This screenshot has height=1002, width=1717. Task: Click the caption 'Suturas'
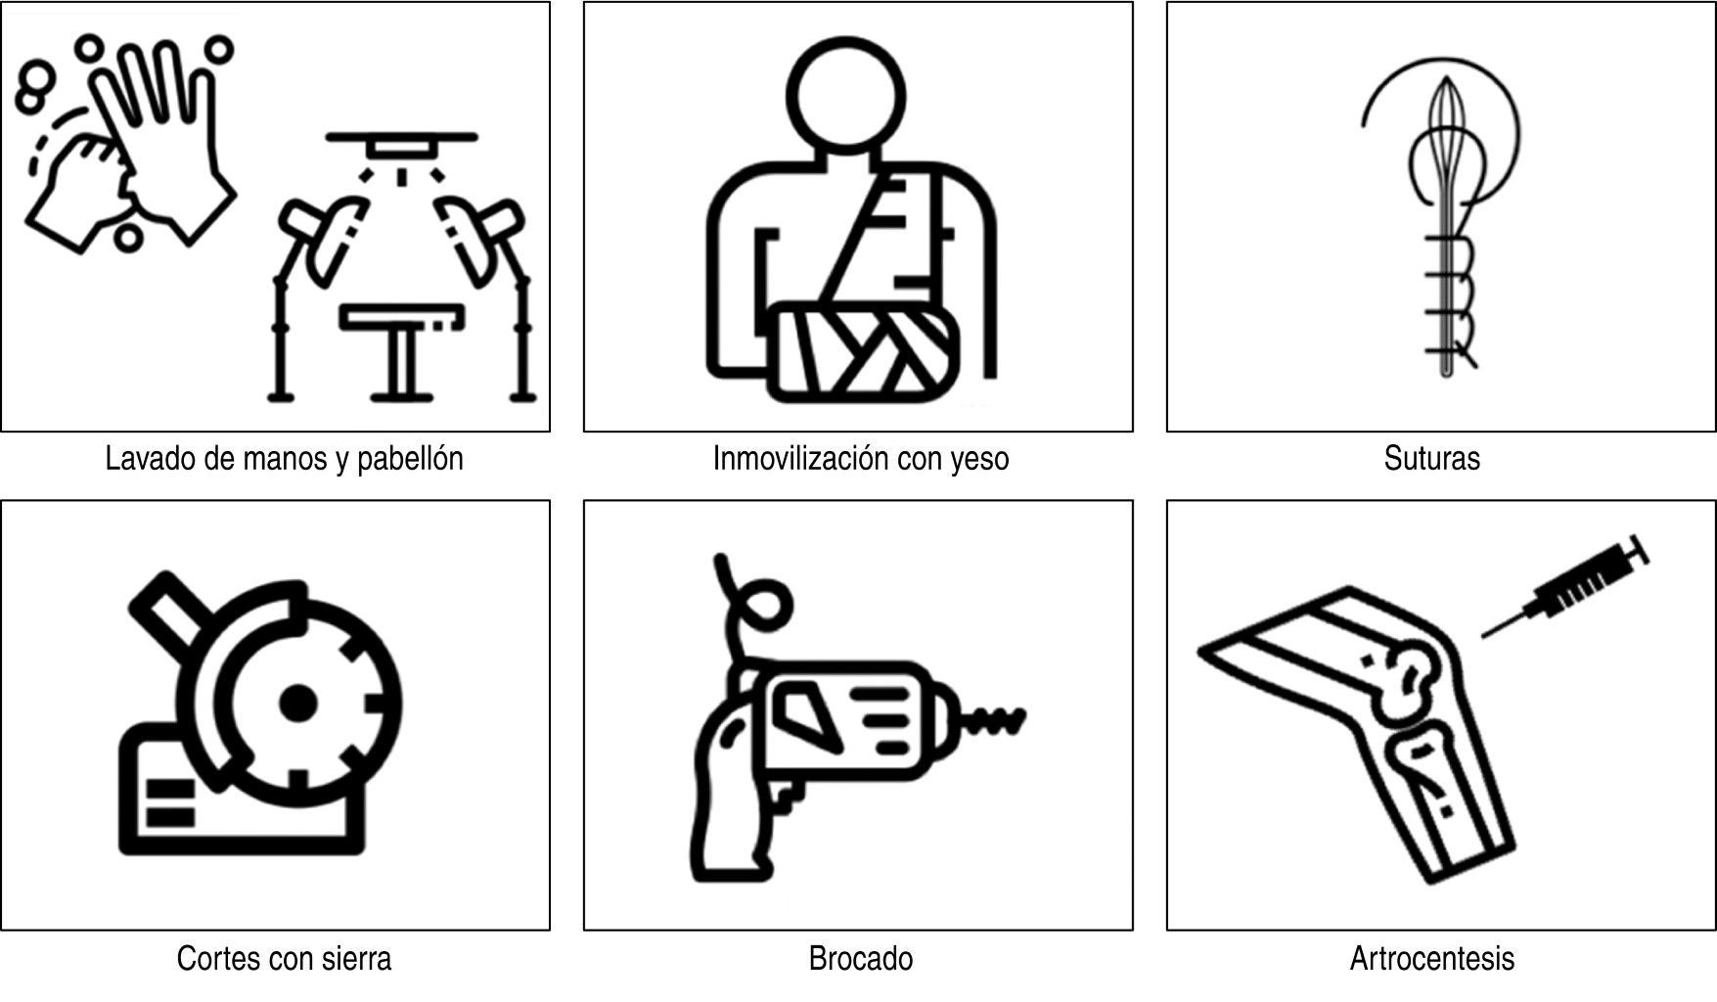[1431, 458]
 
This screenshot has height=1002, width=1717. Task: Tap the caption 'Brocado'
[861, 958]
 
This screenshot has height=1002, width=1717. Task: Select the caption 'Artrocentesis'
[1432, 958]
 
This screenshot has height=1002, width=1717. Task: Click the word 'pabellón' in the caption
[410, 458]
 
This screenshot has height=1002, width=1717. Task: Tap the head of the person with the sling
[846, 95]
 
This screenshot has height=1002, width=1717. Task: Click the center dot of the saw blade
[297, 703]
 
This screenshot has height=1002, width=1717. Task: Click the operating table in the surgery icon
[402, 352]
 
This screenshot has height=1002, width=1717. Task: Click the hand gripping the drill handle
[734, 793]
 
